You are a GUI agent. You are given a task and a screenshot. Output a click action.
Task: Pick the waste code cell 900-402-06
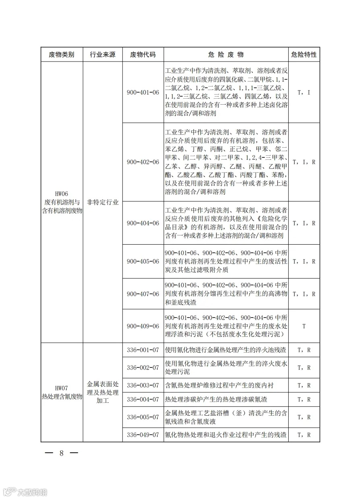tap(143, 162)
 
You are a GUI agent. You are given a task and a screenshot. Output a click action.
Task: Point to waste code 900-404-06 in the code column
tap(143, 223)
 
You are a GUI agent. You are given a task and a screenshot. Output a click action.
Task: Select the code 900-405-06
tap(143, 261)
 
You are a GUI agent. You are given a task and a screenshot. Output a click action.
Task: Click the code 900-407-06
tap(143, 294)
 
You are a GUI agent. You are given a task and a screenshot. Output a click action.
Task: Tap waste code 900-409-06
tap(143, 326)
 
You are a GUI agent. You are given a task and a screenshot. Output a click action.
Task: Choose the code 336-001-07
tap(143, 350)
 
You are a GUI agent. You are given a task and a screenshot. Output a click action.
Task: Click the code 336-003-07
tap(143, 385)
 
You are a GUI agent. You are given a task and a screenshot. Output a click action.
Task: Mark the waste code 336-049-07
tap(143, 435)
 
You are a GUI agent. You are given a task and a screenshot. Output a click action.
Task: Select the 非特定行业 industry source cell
tap(102, 202)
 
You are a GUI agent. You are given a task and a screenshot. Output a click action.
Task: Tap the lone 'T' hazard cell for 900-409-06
tap(304, 326)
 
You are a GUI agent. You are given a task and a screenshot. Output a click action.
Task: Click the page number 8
tap(62, 453)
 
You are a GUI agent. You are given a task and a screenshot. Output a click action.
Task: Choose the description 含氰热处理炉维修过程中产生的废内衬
tap(219, 385)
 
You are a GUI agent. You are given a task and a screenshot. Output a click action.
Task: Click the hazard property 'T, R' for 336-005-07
tap(304, 417)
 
